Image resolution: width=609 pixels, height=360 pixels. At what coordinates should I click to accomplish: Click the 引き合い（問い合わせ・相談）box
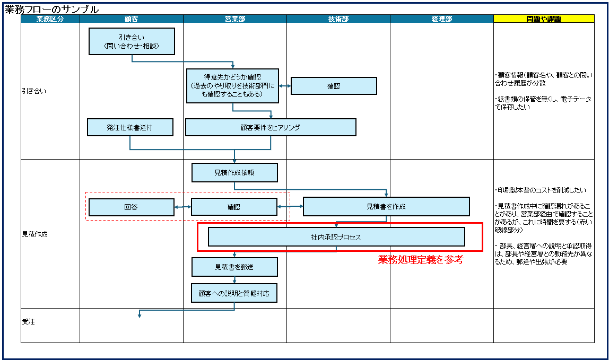click(x=132, y=41)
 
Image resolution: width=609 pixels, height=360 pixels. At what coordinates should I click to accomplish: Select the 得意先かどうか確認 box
click(x=232, y=85)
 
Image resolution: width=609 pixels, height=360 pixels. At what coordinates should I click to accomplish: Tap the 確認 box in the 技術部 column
click(x=334, y=86)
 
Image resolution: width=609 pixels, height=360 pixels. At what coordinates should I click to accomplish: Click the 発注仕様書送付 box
click(x=130, y=127)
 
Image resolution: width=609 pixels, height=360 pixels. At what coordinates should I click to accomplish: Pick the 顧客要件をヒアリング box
click(x=271, y=127)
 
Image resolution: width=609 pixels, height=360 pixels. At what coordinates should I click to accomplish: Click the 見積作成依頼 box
click(x=234, y=172)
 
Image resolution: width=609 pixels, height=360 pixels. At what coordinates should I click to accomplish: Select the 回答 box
click(x=131, y=207)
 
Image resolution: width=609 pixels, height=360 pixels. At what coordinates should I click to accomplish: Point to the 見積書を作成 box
click(x=386, y=207)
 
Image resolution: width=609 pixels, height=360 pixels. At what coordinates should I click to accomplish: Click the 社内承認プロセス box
click(x=336, y=237)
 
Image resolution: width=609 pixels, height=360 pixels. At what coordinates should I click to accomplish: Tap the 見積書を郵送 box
click(x=234, y=267)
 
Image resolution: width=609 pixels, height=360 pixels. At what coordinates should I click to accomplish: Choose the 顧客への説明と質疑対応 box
click(x=234, y=293)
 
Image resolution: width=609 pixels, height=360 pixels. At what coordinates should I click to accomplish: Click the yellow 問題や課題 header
click(x=544, y=19)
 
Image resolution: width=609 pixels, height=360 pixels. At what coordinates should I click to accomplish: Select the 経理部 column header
click(x=441, y=19)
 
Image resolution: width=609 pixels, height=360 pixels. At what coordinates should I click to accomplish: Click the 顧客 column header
click(x=131, y=19)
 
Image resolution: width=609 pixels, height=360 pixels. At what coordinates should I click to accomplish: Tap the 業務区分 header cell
click(x=50, y=19)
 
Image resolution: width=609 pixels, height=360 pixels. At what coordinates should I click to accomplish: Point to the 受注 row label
click(x=29, y=322)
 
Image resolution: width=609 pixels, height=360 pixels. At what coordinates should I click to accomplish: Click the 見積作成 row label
click(x=34, y=234)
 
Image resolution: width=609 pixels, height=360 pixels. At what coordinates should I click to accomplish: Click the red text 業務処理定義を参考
click(x=421, y=260)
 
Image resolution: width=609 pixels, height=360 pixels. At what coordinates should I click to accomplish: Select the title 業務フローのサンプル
click(x=51, y=9)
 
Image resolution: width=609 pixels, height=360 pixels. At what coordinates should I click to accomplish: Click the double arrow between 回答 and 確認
click(x=182, y=207)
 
